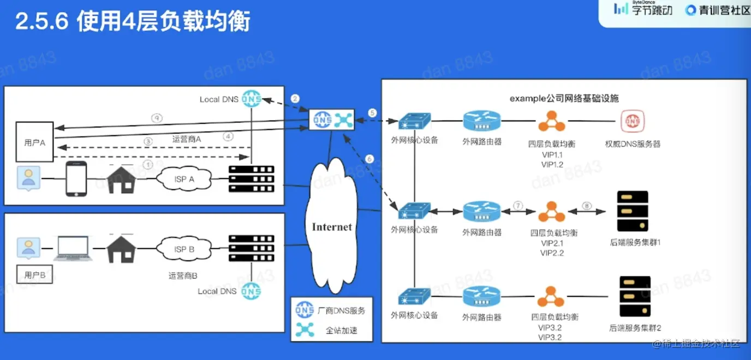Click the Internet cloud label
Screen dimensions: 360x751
pos(331,227)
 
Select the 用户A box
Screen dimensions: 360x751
pos(34,142)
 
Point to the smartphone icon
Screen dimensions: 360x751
pos(77,178)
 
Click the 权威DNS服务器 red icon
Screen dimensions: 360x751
pos(632,122)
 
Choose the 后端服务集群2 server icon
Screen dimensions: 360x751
pos(634,297)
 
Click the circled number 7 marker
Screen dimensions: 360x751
pos(518,205)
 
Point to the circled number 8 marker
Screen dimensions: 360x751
pos(587,206)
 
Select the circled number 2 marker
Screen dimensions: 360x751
pos(295,99)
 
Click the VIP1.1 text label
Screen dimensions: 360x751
pos(552,155)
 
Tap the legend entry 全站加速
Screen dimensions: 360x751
pos(341,330)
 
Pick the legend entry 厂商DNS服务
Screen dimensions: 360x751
pos(341,310)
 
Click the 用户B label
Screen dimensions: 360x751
pos(35,275)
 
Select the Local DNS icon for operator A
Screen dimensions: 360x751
pos(251,99)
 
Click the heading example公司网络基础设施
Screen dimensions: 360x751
pos(564,98)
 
